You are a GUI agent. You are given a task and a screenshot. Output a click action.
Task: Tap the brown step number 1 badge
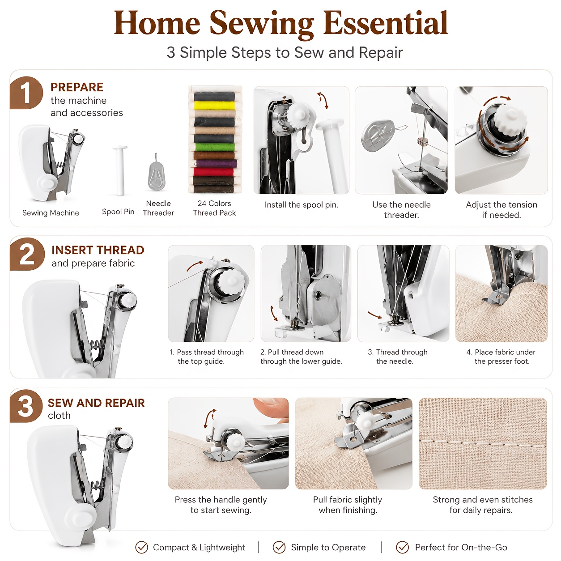point(26,93)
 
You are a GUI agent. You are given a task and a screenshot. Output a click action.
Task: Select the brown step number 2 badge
point(27,254)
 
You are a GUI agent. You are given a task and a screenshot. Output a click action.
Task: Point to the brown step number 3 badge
point(26,406)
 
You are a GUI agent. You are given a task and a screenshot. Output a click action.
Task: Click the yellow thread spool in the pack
point(215,106)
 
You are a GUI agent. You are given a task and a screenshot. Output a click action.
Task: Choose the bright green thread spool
point(215,147)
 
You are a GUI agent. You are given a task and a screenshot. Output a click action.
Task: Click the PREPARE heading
point(77,87)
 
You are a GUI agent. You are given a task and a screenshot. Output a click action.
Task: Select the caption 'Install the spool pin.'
point(302,205)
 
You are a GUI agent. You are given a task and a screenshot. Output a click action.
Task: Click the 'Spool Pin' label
point(118,212)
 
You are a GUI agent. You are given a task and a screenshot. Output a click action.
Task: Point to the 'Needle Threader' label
point(158,208)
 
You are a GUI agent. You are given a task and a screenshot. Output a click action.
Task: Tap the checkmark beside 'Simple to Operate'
point(279,547)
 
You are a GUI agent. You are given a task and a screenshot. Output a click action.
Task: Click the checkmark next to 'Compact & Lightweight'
point(141,547)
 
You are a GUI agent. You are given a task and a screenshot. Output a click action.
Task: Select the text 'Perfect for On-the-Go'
point(461,547)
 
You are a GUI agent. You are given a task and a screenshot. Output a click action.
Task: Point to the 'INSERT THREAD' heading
point(98,250)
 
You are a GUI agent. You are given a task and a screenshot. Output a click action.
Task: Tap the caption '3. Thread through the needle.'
point(397,357)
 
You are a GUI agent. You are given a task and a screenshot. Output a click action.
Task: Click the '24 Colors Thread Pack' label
point(214,208)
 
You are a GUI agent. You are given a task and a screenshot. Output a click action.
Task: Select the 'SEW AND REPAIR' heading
point(96,403)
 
